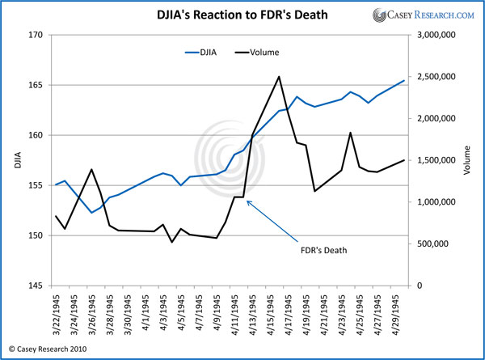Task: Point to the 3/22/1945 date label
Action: click(56, 317)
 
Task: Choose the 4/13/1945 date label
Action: click(253, 317)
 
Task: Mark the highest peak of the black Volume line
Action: click(279, 77)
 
